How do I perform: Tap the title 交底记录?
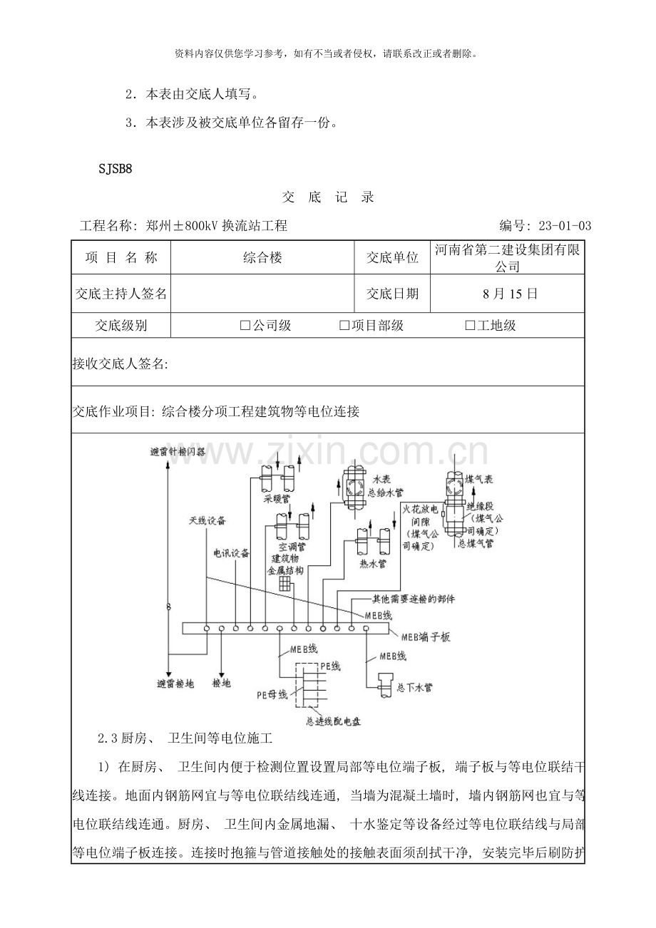(328, 197)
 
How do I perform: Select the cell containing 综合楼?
(262, 258)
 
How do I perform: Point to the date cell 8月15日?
(508, 294)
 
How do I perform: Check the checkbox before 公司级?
(245, 326)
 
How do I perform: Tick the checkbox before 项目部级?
(344, 326)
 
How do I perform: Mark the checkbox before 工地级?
(470, 326)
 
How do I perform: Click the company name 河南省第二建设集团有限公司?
(508, 258)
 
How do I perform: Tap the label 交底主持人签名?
(121, 294)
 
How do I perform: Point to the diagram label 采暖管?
(276, 499)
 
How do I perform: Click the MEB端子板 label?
(425, 636)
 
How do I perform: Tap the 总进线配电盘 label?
(332, 721)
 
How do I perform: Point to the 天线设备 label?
(207, 521)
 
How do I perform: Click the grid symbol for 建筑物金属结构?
(285, 583)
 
